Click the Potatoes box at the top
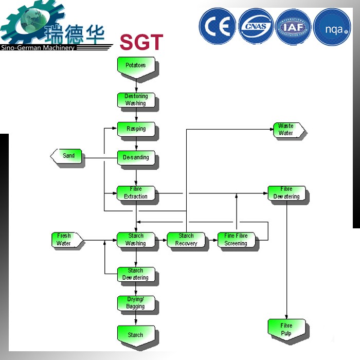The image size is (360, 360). tap(136, 67)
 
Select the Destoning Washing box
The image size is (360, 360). tap(136, 100)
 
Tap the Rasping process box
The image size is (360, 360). tap(136, 129)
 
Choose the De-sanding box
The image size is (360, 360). tap(136, 157)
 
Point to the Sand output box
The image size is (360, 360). tap(67, 156)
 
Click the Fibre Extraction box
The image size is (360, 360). tap(136, 193)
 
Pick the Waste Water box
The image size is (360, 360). tap(287, 130)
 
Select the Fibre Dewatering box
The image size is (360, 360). tap(286, 193)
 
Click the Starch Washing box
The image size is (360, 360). tap(136, 240)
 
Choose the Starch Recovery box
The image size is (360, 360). tap(186, 240)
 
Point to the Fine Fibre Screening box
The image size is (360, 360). tap(236, 240)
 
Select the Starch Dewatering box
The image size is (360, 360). tap(136, 274)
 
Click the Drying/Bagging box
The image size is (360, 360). tap(136, 303)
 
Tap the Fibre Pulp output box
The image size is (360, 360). tap(286, 329)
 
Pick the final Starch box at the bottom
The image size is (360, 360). tap(136, 335)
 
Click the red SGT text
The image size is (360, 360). tap(141, 42)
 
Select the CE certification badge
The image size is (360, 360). tap(217, 26)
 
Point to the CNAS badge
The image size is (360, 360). tap(256, 26)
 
